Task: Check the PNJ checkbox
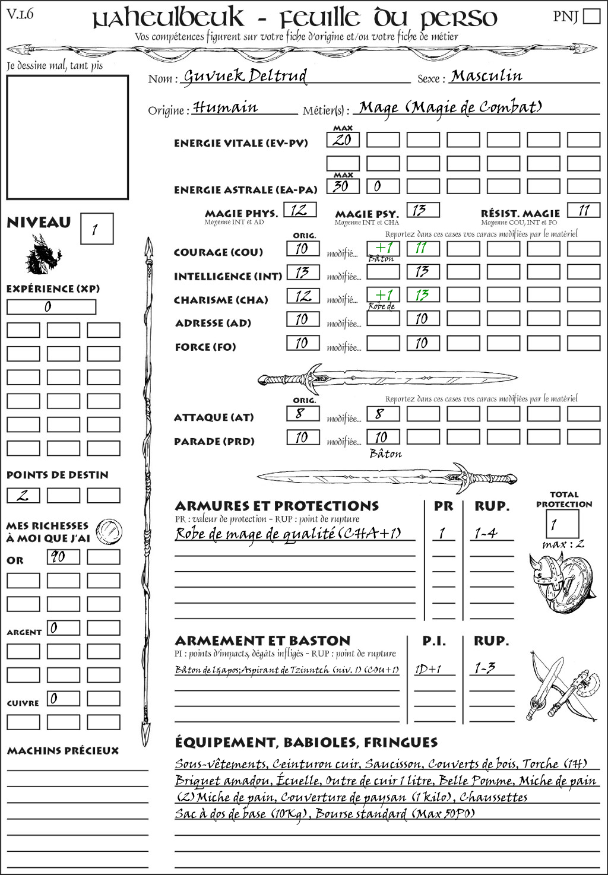tap(591, 16)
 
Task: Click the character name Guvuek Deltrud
tap(245, 76)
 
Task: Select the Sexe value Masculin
tap(486, 76)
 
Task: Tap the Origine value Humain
tap(226, 107)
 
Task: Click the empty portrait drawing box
tap(67, 137)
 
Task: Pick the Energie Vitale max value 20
tap(343, 140)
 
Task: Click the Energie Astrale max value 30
tap(343, 186)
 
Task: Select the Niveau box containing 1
tap(96, 229)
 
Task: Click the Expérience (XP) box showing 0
tap(51, 307)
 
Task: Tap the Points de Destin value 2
tap(23, 496)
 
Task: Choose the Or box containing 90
tap(63, 557)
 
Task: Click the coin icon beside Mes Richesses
tap(109, 531)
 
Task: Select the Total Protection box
tap(562, 524)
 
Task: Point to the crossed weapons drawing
tap(561, 687)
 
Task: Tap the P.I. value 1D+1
tap(429, 669)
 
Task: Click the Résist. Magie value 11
tap(584, 210)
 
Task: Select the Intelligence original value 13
tap(303, 272)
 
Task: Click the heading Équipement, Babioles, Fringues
tap(306, 742)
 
